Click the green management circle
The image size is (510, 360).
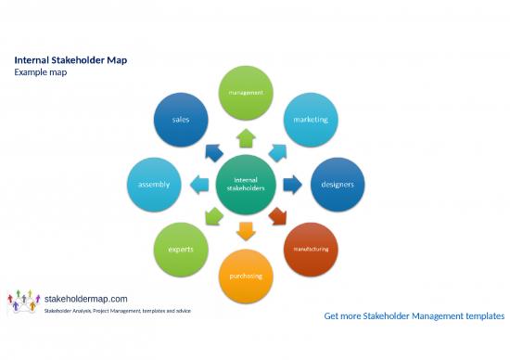click(246, 93)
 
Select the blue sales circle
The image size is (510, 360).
click(180, 120)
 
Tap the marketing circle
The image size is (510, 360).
click(311, 120)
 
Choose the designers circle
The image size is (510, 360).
click(338, 185)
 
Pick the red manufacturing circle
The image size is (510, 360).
click(311, 250)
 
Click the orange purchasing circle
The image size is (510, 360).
click(246, 276)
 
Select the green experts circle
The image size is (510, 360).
click(180, 250)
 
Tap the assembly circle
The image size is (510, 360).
click(154, 185)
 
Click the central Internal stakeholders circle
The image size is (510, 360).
click(246, 185)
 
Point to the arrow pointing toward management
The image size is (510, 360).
click(246, 138)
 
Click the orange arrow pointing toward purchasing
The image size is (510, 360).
click(246, 230)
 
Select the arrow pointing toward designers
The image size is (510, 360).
click(291, 185)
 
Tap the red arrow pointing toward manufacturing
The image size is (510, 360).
click(278, 217)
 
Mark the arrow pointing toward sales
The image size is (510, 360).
click(213, 152)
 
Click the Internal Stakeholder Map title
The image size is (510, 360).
click(70, 60)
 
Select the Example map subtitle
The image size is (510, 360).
click(40, 72)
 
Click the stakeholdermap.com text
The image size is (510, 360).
click(86, 298)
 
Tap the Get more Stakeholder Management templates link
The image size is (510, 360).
click(414, 316)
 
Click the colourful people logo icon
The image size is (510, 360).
click(24, 302)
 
